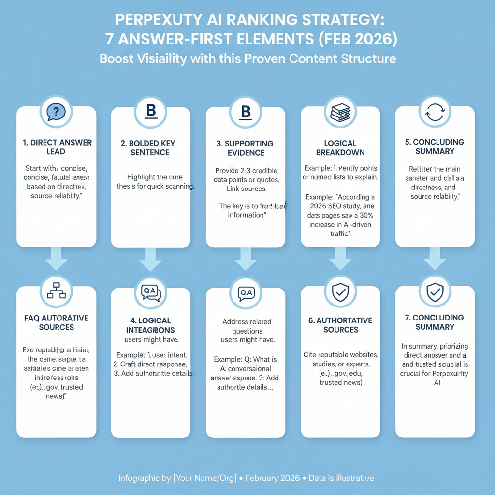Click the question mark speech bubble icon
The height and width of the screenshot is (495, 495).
(x=56, y=112)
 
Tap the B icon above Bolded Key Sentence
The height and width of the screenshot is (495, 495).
(x=151, y=112)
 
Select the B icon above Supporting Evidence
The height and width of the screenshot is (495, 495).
(x=246, y=112)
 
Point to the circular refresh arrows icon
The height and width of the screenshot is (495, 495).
(x=435, y=112)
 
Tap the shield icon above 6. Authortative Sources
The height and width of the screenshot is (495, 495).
(x=340, y=291)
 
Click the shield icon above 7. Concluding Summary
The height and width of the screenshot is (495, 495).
(x=435, y=291)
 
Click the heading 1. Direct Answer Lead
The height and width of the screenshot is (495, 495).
(x=57, y=147)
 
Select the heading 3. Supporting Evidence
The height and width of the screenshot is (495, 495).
(x=246, y=148)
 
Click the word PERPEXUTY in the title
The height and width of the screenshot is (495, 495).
(x=151, y=20)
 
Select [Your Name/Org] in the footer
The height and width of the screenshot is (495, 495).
(x=204, y=478)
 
